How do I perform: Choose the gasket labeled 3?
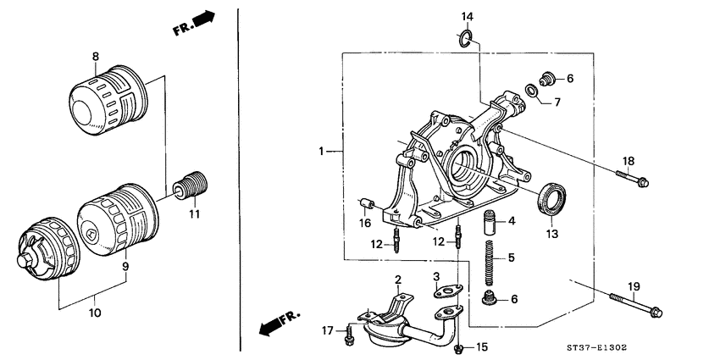[x=446, y=291]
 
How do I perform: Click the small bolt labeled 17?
[x=349, y=332]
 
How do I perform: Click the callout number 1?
[x=321, y=152]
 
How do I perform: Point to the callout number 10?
[x=94, y=313]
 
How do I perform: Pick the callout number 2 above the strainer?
[x=396, y=280]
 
